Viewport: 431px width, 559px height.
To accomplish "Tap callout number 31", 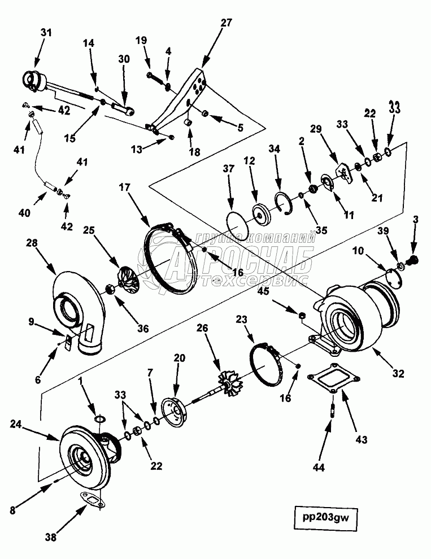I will tap(45, 33).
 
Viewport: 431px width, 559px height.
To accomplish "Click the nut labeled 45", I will tap(303, 314).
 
